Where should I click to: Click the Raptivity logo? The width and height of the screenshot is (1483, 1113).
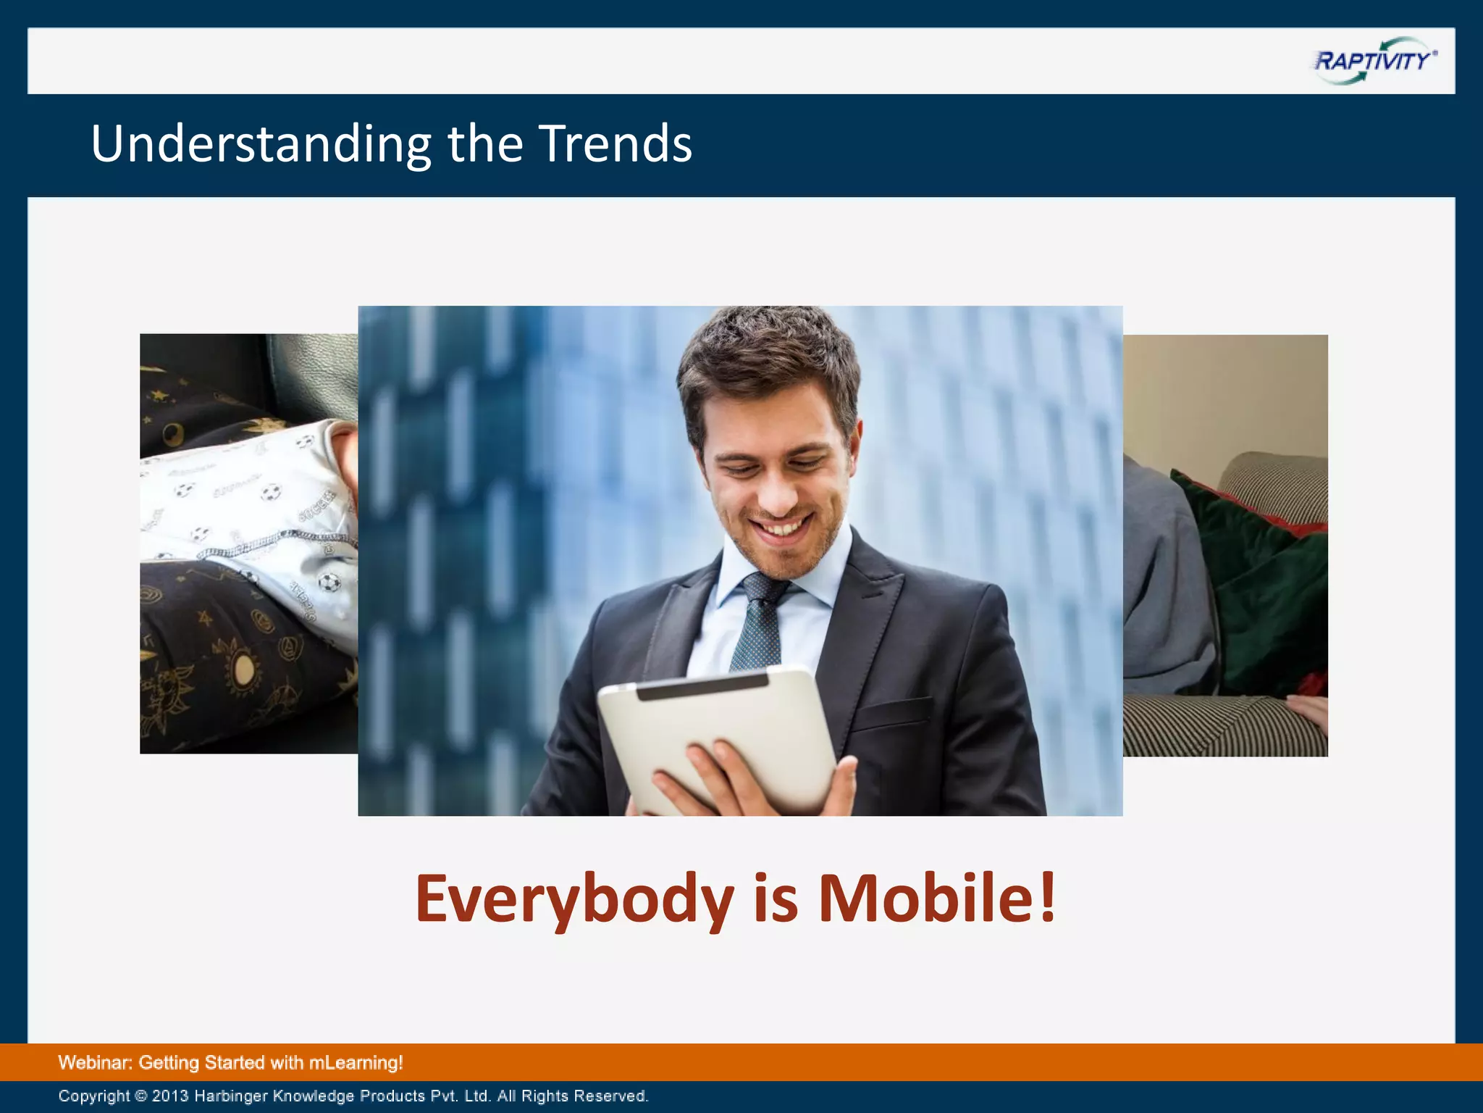[x=1374, y=62]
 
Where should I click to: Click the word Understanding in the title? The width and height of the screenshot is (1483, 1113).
[x=261, y=144]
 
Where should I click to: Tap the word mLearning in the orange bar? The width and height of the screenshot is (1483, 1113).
[x=355, y=1063]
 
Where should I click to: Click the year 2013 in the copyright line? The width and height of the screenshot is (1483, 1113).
[x=170, y=1096]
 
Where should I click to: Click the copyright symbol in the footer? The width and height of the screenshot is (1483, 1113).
[x=140, y=1096]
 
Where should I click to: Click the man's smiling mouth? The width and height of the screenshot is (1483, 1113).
[x=782, y=526]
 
